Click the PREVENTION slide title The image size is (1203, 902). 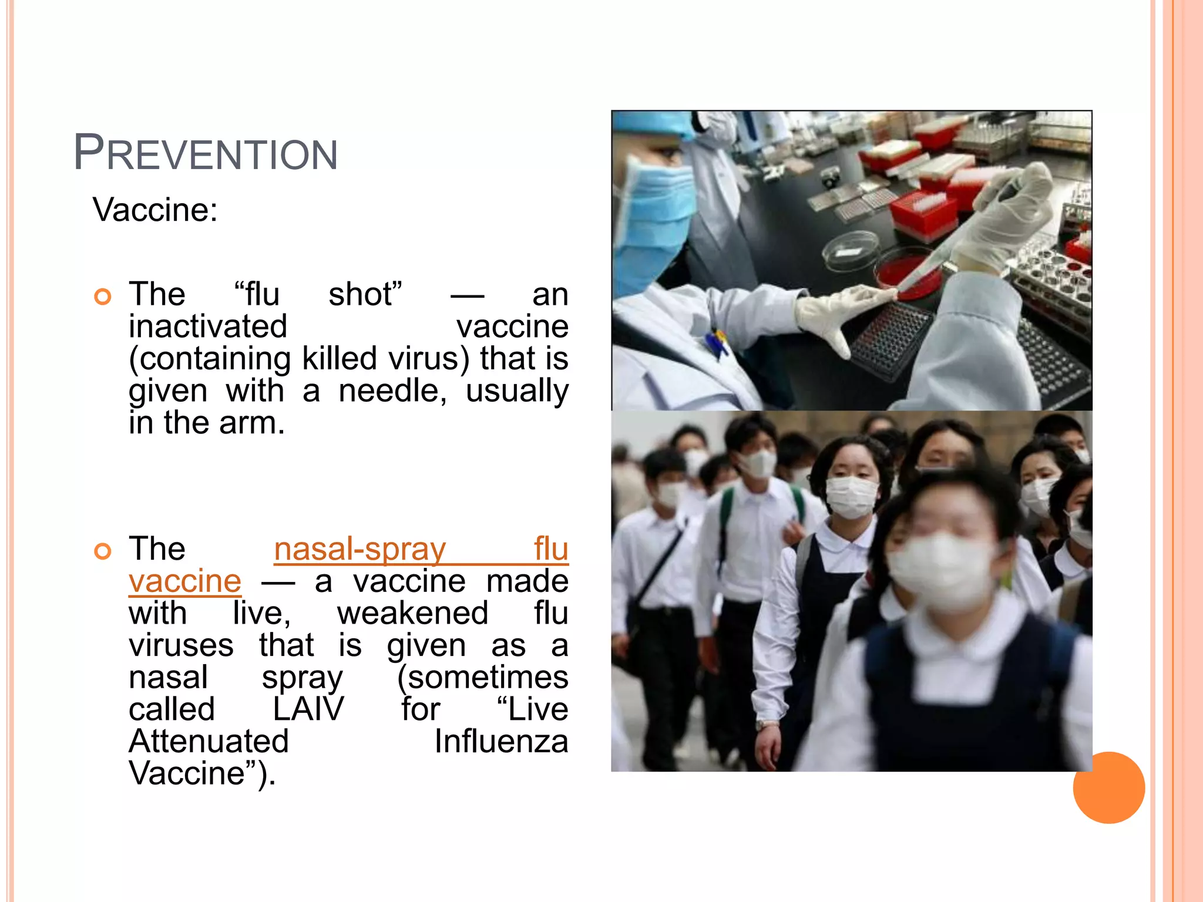pyautogui.click(x=206, y=153)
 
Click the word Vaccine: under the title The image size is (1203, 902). pyautogui.click(x=155, y=210)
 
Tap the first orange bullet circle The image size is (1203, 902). pyautogui.click(x=103, y=297)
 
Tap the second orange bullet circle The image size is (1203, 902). pyautogui.click(x=103, y=551)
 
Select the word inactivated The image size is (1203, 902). pyautogui.click(x=208, y=327)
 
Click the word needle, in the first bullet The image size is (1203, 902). pyautogui.click(x=392, y=391)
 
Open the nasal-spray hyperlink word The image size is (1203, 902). pyautogui.click(x=359, y=550)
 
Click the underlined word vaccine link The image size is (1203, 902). pyautogui.click(x=185, y=581)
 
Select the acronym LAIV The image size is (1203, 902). pyautogui.click(x=308, y=709)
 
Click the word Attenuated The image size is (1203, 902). pyautogui.click(x=209, y=741)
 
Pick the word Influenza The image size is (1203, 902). pyautogui.click(x=501, y=741)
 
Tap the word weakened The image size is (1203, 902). pyautogui.click(x=412, y=614)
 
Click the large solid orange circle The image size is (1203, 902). pyautogui.click(x=1108, y=787)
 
